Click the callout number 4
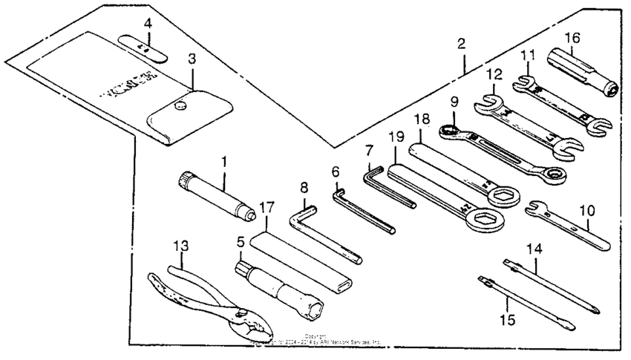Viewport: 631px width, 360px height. click(148, 24)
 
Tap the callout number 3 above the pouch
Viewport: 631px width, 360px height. click(192, 59)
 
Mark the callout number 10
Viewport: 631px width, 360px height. click(586, 211)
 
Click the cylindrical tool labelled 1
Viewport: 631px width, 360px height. click(215, 195)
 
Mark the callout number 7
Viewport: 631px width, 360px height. click(368, 151)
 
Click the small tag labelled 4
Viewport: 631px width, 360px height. click(146, 49)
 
